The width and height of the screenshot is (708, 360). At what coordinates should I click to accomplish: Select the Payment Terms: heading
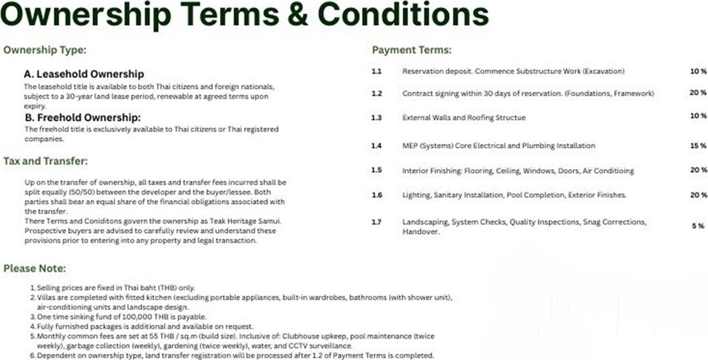tap(411, 50)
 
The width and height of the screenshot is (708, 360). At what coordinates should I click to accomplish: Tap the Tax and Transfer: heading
tap(45, 160)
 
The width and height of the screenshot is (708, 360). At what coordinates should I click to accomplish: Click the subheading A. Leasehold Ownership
tap(84, 74)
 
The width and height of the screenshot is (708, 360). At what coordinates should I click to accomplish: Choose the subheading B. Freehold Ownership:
tap(82, 117)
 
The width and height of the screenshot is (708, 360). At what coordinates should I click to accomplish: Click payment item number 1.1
tap(376, 71)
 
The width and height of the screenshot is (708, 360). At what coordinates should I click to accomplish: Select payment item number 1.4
tap(376, 145)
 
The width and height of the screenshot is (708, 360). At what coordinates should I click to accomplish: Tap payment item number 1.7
tap(376, 222)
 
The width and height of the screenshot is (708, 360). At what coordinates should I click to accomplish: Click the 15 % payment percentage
tap(698, 145)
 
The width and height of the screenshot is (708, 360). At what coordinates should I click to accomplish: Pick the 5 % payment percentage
tap(698, 226)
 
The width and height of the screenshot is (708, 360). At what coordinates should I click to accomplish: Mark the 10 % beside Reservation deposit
tap(698, 71)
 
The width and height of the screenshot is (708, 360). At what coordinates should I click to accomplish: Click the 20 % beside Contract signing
tap(698, 94)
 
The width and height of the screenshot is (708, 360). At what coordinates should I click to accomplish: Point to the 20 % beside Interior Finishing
tap(698, 170)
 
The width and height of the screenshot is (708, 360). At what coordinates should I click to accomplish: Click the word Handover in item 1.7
tap(419, 232)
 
